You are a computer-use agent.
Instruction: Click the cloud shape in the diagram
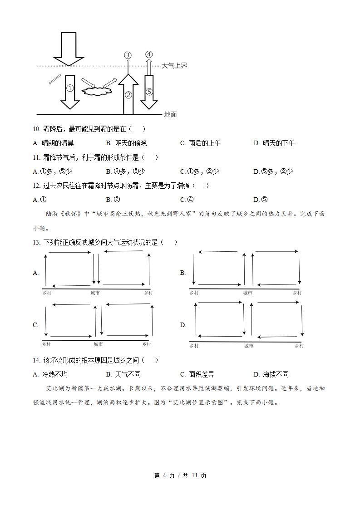pos(97,91)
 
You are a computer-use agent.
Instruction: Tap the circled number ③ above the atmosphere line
pos(128,55)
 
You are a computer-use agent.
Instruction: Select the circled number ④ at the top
pos(149,54)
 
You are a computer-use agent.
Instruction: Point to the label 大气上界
pos(175,66)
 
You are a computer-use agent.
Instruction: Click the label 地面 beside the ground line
pos(170,115)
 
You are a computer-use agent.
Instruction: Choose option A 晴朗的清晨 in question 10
pos(54,143)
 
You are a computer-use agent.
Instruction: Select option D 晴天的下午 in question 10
pos(274,143)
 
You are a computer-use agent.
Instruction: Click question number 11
pos(36,157)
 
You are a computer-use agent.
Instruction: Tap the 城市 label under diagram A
pos(95,293)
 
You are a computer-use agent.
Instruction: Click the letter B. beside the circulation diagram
pos(183,273)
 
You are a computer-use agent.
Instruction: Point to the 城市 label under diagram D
pos(248,346)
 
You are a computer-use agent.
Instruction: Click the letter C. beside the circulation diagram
pos(35,325)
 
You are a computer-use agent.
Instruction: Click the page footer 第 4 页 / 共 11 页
pos(180,475)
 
